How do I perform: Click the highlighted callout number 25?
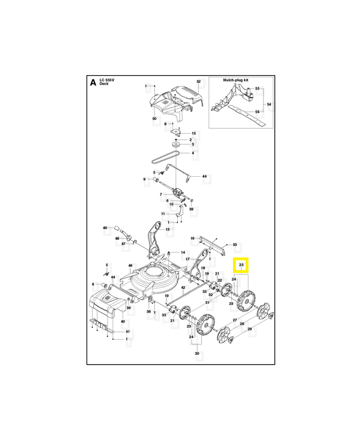(241, 266)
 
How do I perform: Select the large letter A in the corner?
(93, 84)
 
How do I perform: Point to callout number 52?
(198, 82)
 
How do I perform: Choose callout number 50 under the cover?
(154, 119)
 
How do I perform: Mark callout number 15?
(193, 134)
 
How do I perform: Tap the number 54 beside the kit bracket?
(269, 104)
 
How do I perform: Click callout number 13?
(168, 229)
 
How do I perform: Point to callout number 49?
(104, 228)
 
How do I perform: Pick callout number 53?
(234, 244)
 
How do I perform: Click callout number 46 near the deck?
(131, 266)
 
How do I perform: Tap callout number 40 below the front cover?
(123, 322)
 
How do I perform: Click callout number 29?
(250, 329)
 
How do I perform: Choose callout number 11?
(163, 213)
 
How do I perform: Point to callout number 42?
(183, 288)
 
